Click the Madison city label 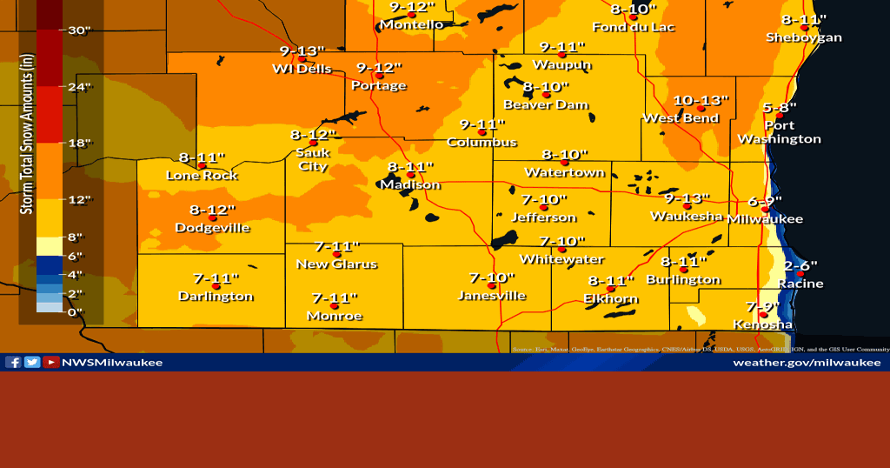pyautogui.click(x=409, y=184)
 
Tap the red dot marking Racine pyautogui.click(x=800, y=274)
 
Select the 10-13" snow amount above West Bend pyautogui.click(x=701, y=100)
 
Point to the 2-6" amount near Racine pyautogui.click(x=800, y=264)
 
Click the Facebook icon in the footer pyautogui.click(x=13, y=362)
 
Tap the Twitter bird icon pyautogui.click(x=32, y=362)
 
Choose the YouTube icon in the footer pyautogui.click(x=51, y=362)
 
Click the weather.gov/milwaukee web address pyautogui.click(x=807, y=362)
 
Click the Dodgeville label pyautogui.click(x=212, y=228)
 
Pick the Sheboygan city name pyautogui.click(x=804, y=37)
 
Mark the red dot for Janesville pyautogui.click(x=491, y=285)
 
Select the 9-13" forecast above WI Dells pyautogui.click(x=302, y=50)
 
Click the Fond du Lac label pyautogui.click(x=634, y=27)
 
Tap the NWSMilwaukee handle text pyautogui.click(x=112, y=362)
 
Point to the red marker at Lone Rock pyautogui.click(x=202, y=165)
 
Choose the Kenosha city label pyautogui.click(x=762, y=324)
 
